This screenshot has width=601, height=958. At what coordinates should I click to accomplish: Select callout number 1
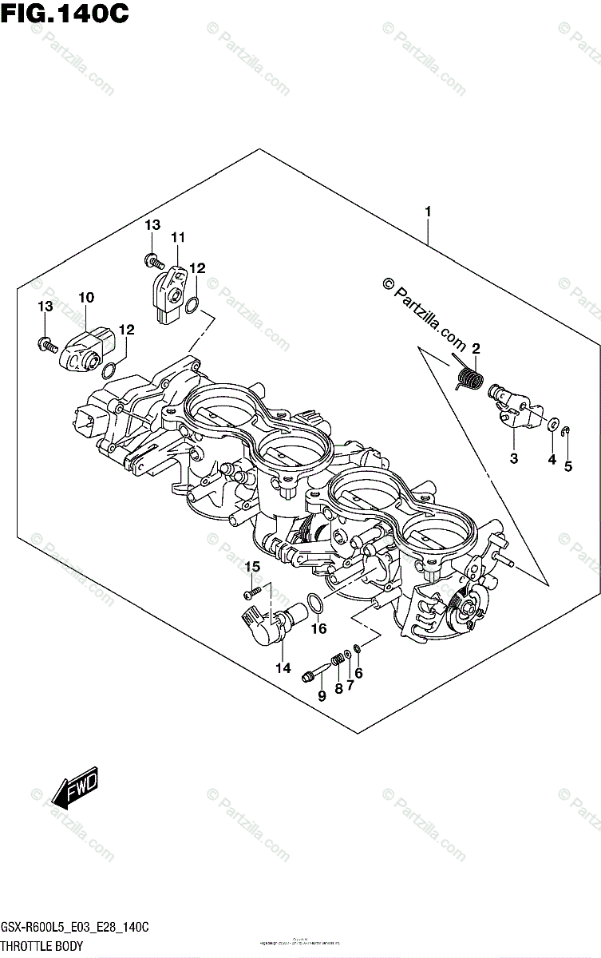tap(429, 212)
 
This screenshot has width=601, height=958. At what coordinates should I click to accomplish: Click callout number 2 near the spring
tap(475, 348)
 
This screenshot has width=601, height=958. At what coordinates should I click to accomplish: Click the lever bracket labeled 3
tap(511, 410)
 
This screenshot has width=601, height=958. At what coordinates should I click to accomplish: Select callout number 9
tap(322, 696)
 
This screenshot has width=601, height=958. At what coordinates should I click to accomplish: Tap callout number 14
tap(283, 668)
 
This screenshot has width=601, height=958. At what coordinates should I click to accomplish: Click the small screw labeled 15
tap(252, 592)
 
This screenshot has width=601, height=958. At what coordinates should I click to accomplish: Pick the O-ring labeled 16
tap(315, 604)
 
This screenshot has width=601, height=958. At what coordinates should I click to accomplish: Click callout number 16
tap(318, 629)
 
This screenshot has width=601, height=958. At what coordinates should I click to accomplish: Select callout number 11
tap(177, 236)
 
